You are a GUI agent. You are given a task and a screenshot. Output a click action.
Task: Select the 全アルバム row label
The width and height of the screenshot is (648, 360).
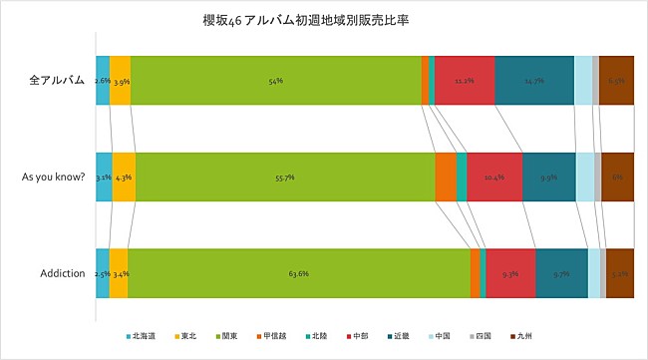tap(56, 80)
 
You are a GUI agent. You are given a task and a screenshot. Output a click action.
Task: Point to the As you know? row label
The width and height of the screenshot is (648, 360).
tap(52, 177)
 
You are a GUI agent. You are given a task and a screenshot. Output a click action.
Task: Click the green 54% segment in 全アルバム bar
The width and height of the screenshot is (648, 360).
tap(275, 80)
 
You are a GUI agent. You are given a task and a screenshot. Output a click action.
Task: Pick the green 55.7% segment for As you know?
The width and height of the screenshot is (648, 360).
tap(285, 177)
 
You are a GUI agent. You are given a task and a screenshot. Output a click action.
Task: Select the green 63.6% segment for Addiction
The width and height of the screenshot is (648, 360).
tap(298, 272)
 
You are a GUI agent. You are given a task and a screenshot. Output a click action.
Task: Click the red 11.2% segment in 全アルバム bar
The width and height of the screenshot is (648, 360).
tap(465, 80)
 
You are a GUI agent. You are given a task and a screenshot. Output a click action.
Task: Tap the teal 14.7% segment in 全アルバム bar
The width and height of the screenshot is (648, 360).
tap(533, 80)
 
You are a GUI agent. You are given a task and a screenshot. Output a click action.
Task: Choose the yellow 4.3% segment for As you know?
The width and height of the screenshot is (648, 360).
tap(124, 177)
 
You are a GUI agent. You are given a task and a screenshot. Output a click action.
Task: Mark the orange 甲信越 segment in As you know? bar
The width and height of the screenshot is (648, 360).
tap(446, 177)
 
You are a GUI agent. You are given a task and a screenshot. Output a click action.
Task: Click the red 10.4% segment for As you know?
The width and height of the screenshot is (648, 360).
tap(494, 177)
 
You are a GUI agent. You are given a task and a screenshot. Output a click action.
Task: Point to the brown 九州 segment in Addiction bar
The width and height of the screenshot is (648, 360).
tap(619, 272)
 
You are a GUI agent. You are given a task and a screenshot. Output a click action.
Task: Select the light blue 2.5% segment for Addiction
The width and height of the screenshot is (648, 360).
tap(103, 272)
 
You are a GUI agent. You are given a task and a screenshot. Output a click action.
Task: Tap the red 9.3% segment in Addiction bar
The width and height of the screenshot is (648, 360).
tap(510, 272)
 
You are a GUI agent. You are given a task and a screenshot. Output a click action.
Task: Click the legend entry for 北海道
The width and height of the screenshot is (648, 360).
tap(140, 336)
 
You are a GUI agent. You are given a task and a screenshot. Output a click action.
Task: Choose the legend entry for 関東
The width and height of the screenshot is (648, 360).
tap(228, 336)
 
